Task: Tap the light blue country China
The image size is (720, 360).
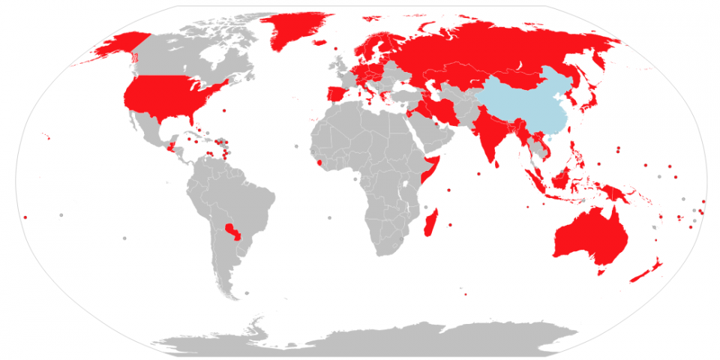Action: (517, 105)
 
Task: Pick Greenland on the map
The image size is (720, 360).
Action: (300, 30)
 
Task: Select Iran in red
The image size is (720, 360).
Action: (446, 112)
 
